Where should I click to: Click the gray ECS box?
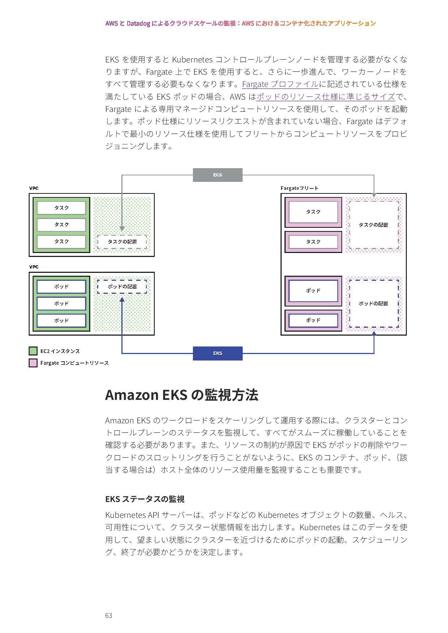tap(217, 175)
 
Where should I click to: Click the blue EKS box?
tap(217, 353)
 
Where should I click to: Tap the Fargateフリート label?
tap(299, 188)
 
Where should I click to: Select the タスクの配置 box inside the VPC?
tap(122, 242)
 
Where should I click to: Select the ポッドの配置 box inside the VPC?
tap(122, 287)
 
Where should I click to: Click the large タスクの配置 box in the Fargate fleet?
tap(374, 225)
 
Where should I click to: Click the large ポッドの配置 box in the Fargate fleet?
tap(374, 304)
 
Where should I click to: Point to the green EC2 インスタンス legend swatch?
tap(33, 351)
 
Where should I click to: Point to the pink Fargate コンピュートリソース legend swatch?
tap(33, 363)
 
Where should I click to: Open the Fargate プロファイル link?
tap(280, 84)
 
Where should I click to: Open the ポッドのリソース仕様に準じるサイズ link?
tap(326, 97)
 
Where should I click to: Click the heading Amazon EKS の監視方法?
tap(181, 395)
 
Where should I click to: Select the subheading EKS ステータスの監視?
tap(145, 499)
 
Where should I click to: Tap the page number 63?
tap(108, 616)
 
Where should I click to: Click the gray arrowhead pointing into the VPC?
tap(122, 228)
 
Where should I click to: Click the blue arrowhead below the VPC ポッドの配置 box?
tap(122, 300)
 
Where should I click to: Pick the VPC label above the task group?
tap(34, 188)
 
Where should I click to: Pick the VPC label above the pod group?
tap(34, 267)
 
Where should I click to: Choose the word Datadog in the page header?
tap(138, 23)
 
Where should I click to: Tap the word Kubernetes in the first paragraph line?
tap(192, 60)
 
